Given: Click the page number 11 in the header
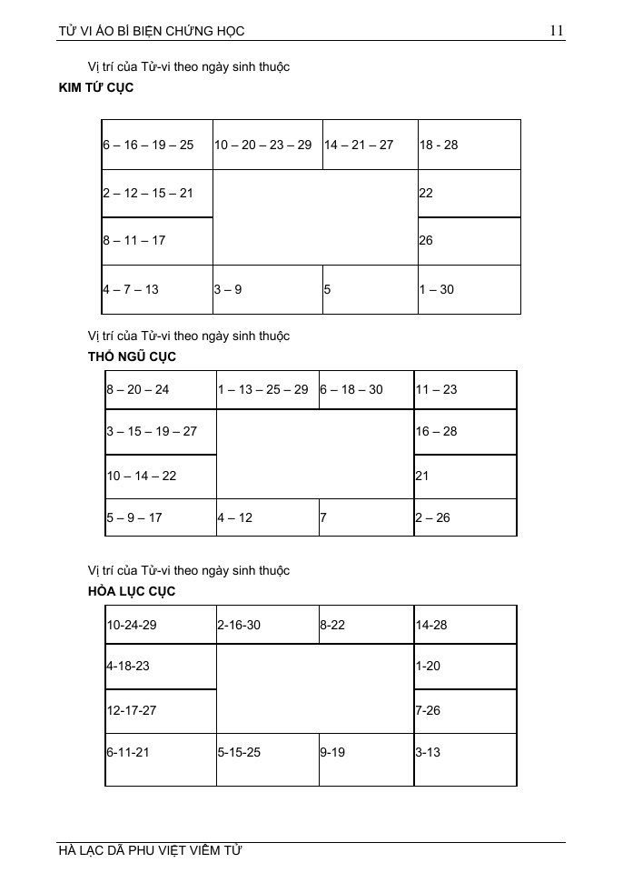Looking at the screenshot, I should [557, 31].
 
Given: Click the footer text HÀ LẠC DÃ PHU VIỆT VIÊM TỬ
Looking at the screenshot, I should [150, 851].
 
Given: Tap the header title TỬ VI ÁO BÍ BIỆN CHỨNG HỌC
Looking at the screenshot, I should [151, 31].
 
